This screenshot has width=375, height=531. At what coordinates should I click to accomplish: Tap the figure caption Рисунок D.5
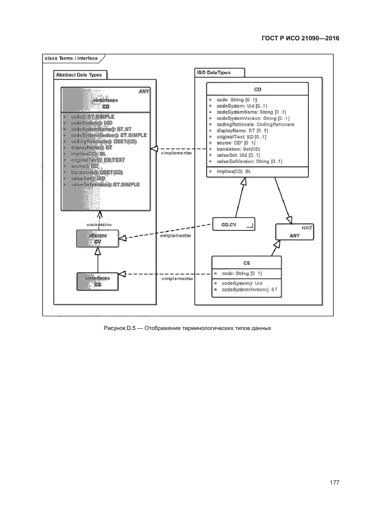pos(187,328)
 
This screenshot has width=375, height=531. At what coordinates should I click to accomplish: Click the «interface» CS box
pos(98,281)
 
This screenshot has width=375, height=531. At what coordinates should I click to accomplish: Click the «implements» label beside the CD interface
pos(176,153)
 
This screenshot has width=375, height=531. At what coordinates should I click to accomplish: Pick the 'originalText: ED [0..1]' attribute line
pos(241,137)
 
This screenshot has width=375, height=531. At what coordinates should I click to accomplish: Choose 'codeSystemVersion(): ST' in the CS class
pos(249,290)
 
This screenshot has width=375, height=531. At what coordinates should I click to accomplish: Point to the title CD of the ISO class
pos(258,90)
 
